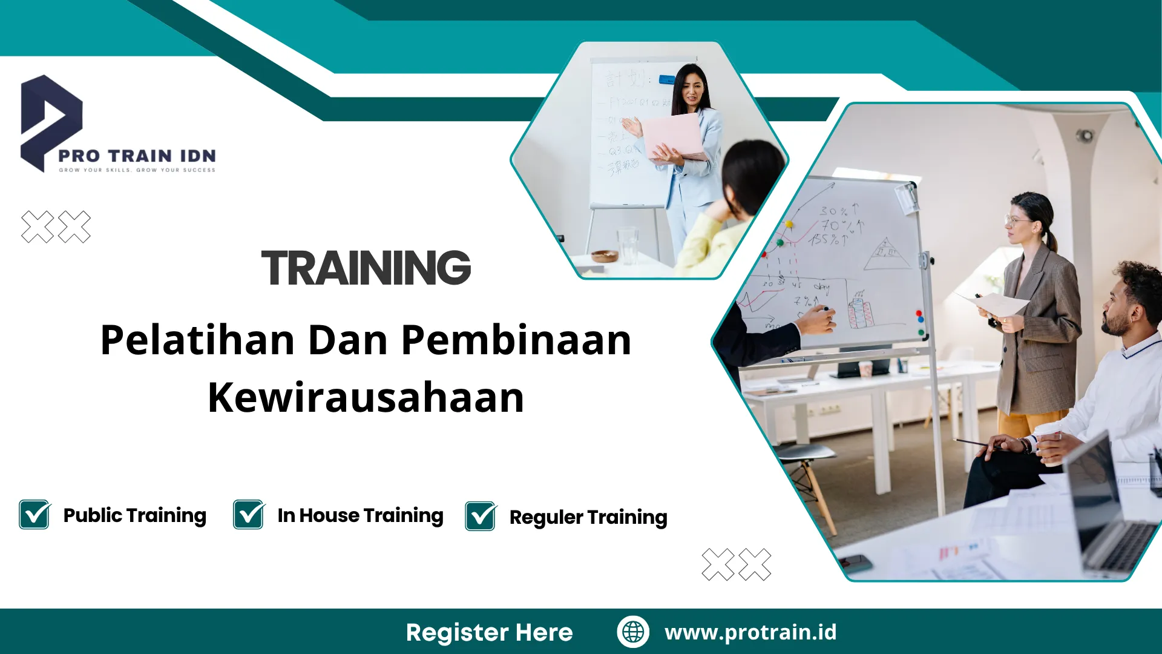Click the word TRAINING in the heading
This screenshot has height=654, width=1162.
click(x=366, y=268)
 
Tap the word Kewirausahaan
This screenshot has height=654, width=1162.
click(x=366, y=398)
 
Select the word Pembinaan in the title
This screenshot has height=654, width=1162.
click(x=516, y=340)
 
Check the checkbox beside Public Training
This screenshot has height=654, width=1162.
click(x=34, y=515)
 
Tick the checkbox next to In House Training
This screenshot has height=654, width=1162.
click(x=249, y=515)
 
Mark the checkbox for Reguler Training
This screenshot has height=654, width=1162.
click(x=481, y=517)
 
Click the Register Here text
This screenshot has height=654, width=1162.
click(x=489, y=632)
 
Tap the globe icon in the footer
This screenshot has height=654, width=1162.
click(x=633, y=632)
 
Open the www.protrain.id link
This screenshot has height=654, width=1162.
click(x=750, y=632)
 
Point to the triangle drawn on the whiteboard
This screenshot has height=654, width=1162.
click(x=887, y=254)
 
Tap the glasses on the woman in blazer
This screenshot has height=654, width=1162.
click(x=1018, y=220)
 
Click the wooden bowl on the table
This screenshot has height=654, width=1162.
click(x=605, y=256)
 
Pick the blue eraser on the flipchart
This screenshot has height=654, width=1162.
click(x=666, y=79)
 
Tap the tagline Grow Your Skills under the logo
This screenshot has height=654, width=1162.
click(x=137, y=170)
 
